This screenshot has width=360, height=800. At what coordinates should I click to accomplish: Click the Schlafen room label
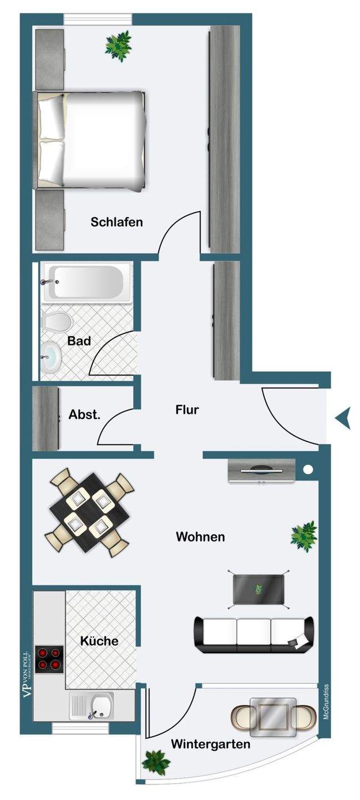pos(117,222)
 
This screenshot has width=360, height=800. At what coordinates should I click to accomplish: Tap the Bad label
pos(79,341)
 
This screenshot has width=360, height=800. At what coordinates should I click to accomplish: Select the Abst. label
pos(84,414)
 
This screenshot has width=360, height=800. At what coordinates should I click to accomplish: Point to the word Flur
pos(187,411)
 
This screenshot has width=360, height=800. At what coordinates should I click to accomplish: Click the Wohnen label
pos(200,537)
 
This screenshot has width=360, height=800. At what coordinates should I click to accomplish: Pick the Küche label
pos(99,641)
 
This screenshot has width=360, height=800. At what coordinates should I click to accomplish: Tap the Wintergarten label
pos(211,743)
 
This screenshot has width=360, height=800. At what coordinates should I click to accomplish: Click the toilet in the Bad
pos(56,322)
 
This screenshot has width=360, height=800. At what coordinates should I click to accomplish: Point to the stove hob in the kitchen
pos(48,659)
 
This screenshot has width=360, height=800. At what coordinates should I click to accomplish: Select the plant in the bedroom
pos(118,44)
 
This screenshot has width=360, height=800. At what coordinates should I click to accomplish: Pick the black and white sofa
pos(253,634)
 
